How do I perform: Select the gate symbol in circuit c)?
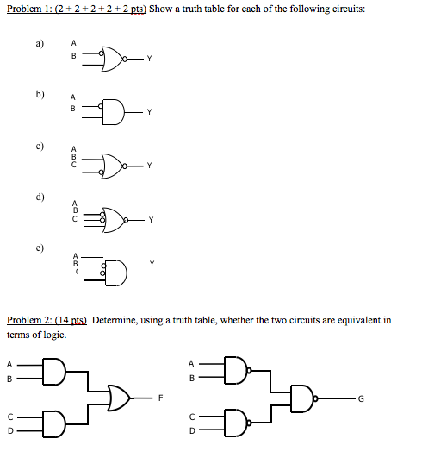coord(115,164)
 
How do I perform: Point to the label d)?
coord(40,197)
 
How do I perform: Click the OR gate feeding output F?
coord(118,398)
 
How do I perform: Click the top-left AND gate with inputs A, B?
coord(53,370)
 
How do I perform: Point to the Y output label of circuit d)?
coord(151,220)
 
